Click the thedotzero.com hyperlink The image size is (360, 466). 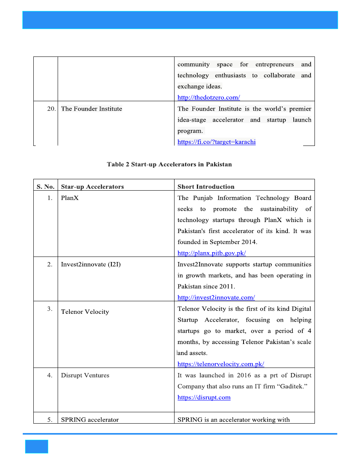tap(209, 97)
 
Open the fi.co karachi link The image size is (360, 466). tap(216, 142)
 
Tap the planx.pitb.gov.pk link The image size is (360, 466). tap(212, 253)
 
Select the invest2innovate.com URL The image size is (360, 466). tap(216, 297)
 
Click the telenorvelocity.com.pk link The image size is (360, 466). tap(221, 364)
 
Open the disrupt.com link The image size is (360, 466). tap(204, 397)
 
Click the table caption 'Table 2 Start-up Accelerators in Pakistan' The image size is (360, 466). tap(169, 164)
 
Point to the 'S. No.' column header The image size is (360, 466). tap(45, 187)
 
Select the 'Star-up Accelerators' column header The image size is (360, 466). tap(93, 187)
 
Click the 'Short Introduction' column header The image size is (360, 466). tap(206, 187)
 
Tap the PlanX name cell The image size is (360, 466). tap(70, 198)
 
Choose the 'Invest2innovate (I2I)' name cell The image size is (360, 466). tap(91, 264)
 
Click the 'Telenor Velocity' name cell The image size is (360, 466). tap(85, 312)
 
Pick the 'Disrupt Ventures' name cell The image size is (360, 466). tap(85, 375)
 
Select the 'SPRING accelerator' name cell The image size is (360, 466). tap(90, 420)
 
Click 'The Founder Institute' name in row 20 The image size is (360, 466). tap(92, 109)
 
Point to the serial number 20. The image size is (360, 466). tap(51, 109)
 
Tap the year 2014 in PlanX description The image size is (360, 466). tap(249, 242)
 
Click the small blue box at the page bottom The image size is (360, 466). tap(36, 446)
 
